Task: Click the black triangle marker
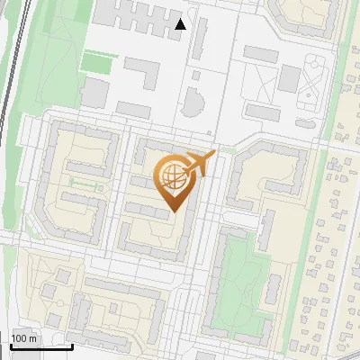[181, 24]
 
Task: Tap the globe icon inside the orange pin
[171, 177]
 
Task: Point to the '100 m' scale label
[23, 338]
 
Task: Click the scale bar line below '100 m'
[40, 346]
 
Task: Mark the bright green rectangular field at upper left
[99, 62]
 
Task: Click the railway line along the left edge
[8, 90]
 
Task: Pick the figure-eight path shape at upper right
[310, 76]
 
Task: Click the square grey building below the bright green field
[94, 90]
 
